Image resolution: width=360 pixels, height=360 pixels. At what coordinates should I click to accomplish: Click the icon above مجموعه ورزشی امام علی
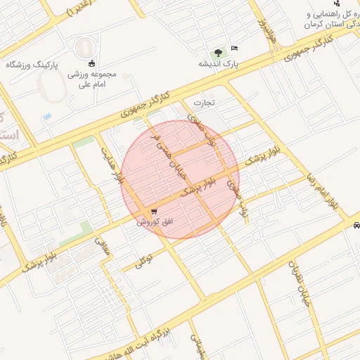click(91, 63)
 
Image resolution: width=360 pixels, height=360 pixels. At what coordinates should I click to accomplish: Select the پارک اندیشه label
click(218, 63)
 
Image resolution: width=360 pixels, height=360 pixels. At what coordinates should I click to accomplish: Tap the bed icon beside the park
click(234, 48)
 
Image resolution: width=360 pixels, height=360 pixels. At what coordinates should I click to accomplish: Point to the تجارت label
click(203, 103)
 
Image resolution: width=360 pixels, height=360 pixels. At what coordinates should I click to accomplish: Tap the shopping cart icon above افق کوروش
click(153, 212)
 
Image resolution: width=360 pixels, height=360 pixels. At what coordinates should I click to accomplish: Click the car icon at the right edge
click(356, 226)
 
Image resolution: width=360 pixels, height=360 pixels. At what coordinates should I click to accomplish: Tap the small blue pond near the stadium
click(47, 115)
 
